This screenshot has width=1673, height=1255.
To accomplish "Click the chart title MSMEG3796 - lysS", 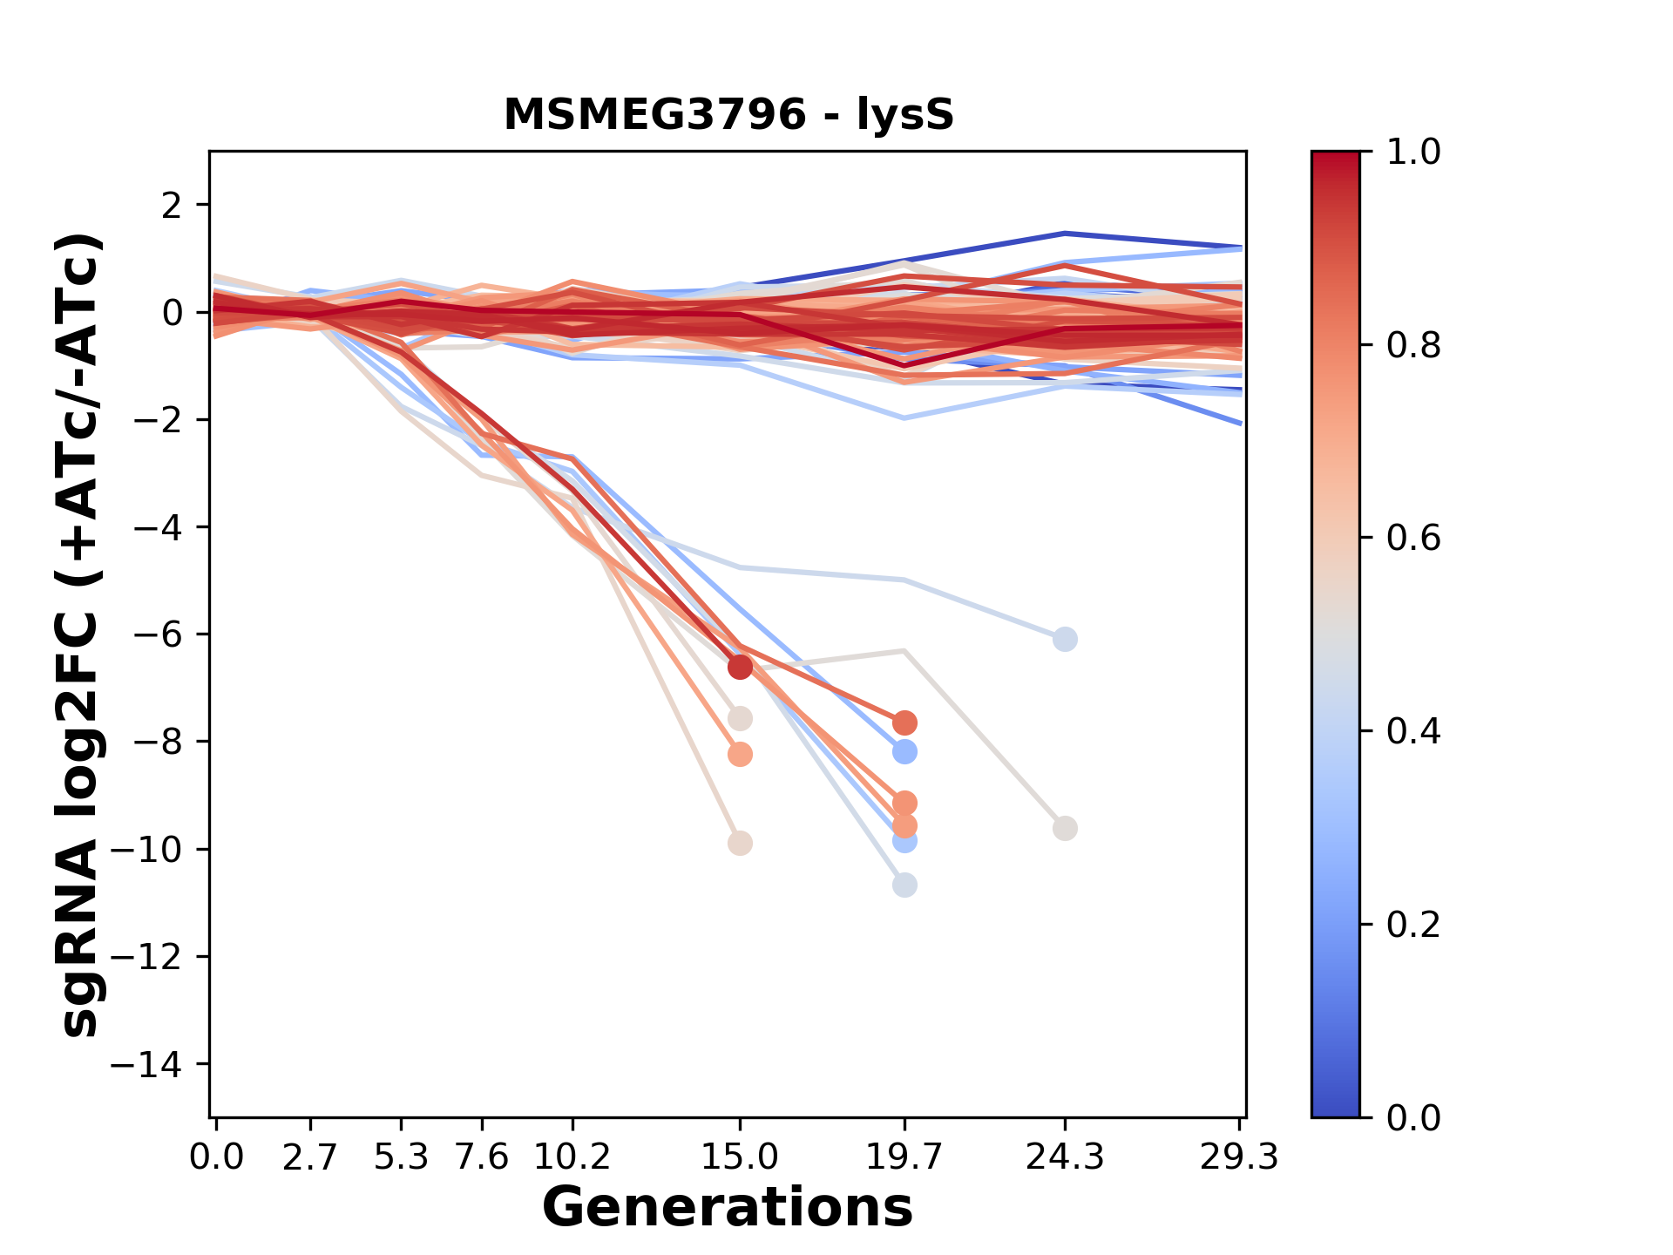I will pos(728,115).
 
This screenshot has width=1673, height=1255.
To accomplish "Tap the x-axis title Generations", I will pos(728,1208).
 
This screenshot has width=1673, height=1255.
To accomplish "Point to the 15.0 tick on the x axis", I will pos(740,1157).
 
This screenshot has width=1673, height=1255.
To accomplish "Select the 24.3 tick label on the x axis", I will pos(1064,1157).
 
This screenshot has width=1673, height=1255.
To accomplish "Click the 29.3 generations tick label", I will pos(1239,1157).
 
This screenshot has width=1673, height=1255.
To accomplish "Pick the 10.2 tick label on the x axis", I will pos(572,1157).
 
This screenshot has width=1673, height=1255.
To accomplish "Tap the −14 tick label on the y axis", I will pos(146,1064).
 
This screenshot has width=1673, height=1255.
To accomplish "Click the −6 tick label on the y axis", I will pos(157,634).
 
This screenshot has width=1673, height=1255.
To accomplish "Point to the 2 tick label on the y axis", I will pos(173,205).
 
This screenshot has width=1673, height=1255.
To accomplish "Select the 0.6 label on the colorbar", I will pos(1413,539).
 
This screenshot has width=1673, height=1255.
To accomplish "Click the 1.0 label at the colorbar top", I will pos(1413,153).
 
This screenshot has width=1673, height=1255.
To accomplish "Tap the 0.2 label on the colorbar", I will pos(1413,925).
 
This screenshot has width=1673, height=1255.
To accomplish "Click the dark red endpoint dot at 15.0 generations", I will pos(740,667).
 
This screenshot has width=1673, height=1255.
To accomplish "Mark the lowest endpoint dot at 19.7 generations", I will pos(904,885).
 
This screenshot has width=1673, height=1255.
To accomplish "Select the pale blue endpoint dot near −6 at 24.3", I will pos(1064,639).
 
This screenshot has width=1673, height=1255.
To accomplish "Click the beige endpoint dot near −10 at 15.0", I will pos(740,844).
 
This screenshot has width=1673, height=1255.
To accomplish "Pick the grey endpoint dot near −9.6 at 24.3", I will pos(1064,828).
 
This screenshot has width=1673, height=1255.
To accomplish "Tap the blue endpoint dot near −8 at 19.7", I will pos(904,751).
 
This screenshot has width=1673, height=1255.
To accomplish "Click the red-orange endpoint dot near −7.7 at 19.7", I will pos(904,722).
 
